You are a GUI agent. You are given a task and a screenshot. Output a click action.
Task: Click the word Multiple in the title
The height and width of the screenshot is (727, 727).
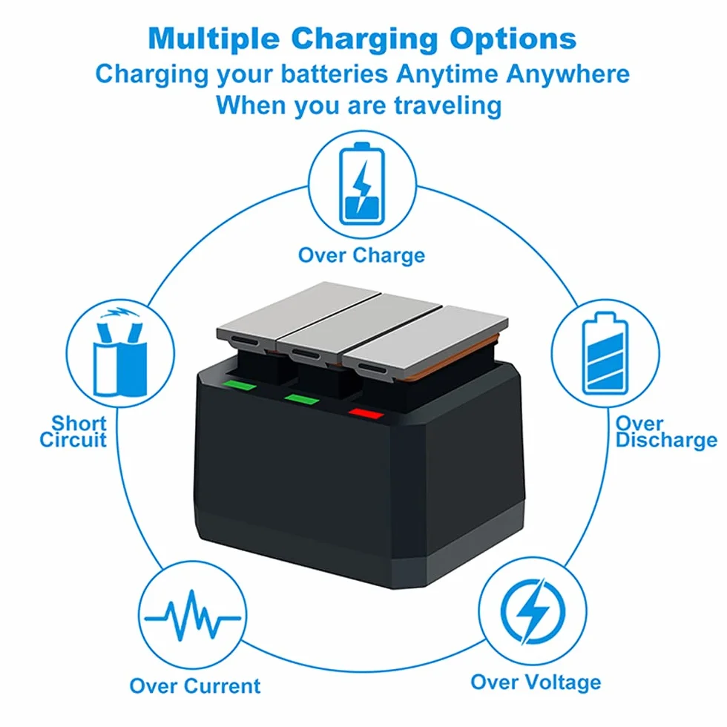[x=214, y=39]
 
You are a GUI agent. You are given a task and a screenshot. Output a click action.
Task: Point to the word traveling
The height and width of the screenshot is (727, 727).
[x=448, y=105]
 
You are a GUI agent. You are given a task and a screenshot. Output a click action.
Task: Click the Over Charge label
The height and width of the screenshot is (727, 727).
[x=362, y=255]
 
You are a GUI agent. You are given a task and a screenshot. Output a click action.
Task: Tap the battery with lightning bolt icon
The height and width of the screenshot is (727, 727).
[x=362, y=184]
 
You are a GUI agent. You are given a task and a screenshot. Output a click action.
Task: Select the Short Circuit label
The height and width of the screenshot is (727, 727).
[x=73, y=432]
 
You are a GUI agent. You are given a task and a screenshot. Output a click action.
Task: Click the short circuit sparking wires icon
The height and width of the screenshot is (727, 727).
[x=120, y=352]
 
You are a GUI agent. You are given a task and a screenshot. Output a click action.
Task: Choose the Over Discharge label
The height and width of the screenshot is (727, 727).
[x=666, y=432]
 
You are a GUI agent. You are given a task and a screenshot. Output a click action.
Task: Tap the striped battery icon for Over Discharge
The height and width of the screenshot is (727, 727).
[x=605, y=353]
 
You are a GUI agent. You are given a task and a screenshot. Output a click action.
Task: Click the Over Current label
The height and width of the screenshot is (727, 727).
[x=194, y=686]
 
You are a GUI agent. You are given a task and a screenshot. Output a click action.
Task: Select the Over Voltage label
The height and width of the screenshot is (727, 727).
[x=536, y=682]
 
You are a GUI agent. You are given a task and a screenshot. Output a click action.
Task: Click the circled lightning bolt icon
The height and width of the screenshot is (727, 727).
[x=533, y=611]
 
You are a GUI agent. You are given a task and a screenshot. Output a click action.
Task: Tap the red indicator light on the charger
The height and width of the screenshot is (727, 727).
[x=366, y=413]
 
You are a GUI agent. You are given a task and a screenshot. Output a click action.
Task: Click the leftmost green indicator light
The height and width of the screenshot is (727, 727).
[x=240, y=385]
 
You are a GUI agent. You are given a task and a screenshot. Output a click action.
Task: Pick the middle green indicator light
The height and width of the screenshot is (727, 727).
[x=302, y=399]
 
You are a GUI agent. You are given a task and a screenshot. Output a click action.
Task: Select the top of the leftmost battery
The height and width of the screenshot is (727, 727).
[x=299, y=310]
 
